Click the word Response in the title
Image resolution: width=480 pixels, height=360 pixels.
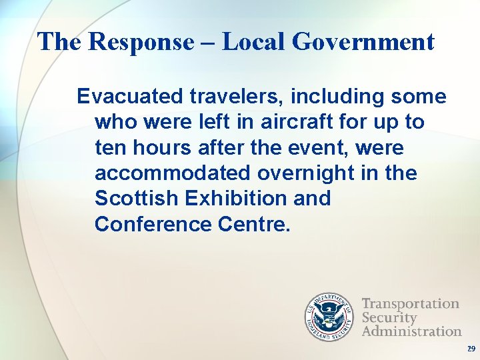[x=139, y=43]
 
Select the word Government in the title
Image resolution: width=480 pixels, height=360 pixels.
[x=363, y=43]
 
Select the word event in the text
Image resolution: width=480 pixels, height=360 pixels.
[x=306, y=148]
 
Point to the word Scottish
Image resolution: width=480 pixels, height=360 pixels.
[x=137, y=199]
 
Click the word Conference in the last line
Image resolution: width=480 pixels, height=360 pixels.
[x=153, y=224]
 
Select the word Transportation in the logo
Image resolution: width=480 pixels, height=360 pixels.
[x=411, y=304]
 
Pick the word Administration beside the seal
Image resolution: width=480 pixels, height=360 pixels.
[x=411, y=331]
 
